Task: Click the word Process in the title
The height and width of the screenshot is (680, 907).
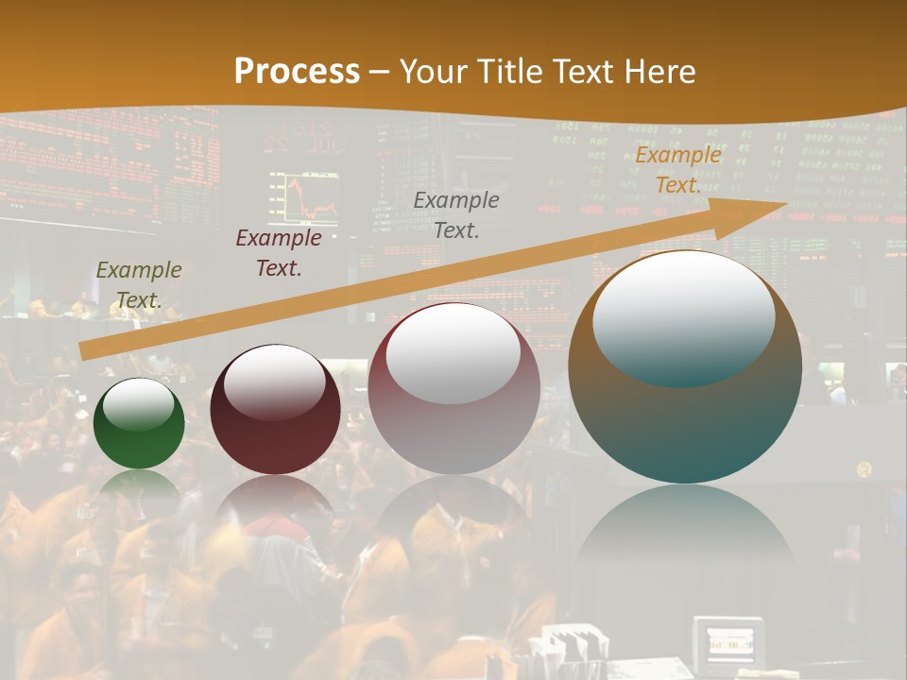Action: [x=297, y=72]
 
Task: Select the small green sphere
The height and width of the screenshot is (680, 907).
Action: [x=139, y=424]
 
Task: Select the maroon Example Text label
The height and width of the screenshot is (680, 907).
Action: [x=279, y=253]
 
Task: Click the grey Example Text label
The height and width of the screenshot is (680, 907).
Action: [x=456, y=214]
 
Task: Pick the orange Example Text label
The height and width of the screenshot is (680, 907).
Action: [x=677, y=170]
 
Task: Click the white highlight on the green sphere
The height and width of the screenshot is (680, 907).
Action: [x=139, y=406]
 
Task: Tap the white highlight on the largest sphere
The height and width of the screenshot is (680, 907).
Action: [x=683, y=316]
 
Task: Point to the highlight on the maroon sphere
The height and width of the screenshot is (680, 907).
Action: [x=275, y=381]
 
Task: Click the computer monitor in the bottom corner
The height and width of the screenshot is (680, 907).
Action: [x=727, y=645]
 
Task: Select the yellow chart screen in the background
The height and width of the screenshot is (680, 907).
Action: [x=303, y=197]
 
